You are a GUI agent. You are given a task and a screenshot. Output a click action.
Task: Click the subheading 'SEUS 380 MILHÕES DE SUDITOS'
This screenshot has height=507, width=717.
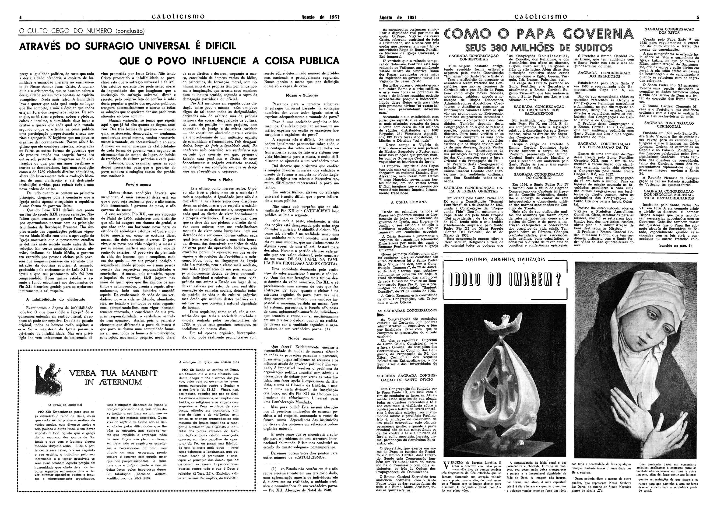[539, 48]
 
